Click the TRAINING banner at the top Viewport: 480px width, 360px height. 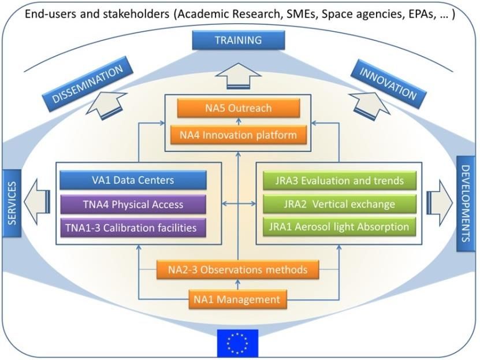[x=238, y=40]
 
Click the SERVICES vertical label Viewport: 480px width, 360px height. [x=10, y=203]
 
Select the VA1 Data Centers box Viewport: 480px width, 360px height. [x=133, y=180]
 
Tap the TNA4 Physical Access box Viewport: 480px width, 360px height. [x=133, y=204]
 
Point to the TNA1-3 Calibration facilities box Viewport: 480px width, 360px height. [x=133, y=228]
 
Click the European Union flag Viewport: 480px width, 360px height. [x=237, y=343]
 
